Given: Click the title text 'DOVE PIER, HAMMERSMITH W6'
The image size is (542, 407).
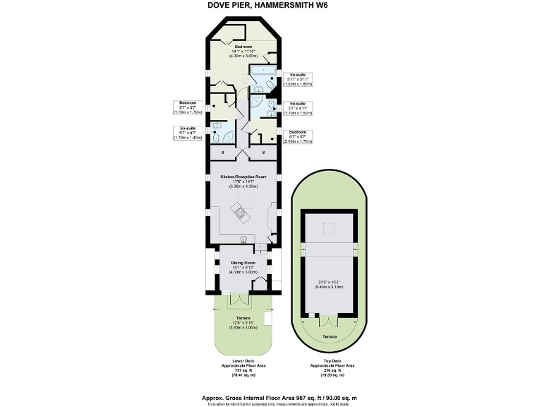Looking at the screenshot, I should tap(270, 6).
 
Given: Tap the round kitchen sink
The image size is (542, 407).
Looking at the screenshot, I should tap(244, 238).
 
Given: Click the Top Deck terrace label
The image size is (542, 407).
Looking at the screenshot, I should tap(330, 336).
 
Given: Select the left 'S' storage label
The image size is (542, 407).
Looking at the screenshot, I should tap(224, 153).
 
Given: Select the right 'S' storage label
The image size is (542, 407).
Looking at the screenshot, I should tap(263, 153).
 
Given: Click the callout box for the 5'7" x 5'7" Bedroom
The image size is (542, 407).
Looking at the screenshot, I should tap(188, 107).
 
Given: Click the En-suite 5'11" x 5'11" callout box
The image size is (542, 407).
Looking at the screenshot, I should tap(299, 78).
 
